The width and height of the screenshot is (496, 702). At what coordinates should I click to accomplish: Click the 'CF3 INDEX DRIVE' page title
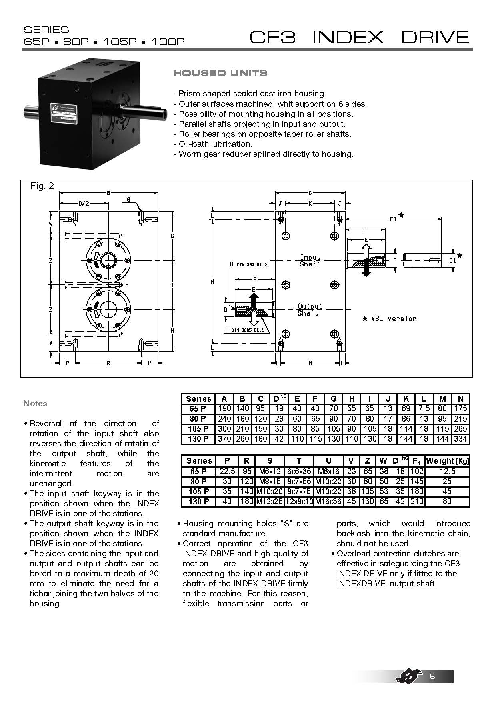(359, 37)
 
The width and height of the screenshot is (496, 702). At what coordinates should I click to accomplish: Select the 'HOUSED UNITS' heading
(220, 73)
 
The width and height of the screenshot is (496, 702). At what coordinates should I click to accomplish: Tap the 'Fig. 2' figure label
(42, 186)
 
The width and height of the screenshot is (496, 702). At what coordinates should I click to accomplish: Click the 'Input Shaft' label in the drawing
(310, 260)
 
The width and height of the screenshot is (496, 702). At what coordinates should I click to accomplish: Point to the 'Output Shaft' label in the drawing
(310, 310)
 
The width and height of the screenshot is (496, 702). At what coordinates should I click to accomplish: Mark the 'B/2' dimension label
(83, 203)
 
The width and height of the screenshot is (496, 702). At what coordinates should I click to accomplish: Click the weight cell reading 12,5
(447, 471)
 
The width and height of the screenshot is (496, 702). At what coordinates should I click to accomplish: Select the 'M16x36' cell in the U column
(328, 502)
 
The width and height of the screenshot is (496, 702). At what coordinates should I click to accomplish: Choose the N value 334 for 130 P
(460, 439)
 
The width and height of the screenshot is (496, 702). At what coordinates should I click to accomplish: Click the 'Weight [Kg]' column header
(447, 461)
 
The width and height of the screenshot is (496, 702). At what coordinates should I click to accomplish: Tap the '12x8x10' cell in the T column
(299, 502)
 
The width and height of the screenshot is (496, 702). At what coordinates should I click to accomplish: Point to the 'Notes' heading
(35, 404)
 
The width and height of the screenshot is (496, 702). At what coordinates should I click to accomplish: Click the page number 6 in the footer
(432, 677)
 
